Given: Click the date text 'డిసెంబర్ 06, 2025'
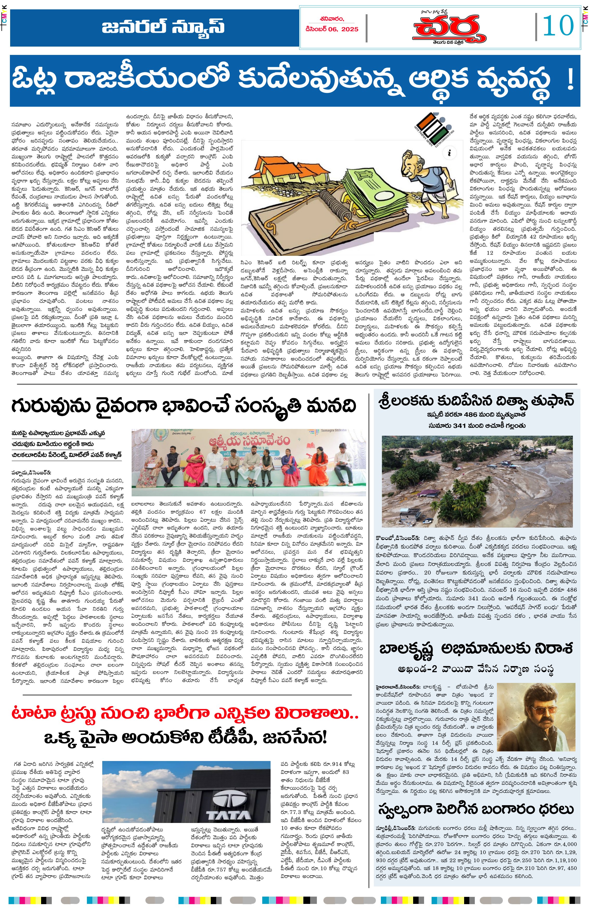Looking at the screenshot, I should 332,29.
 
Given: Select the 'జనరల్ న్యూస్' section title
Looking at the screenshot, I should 163,27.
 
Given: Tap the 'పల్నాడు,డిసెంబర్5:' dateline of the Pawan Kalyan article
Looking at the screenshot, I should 31,473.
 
